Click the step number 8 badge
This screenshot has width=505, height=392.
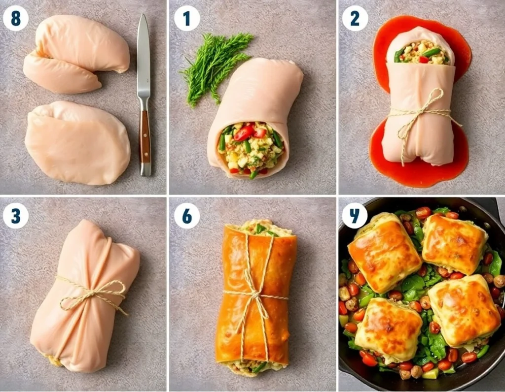pyautogui.click(x=15, y=19)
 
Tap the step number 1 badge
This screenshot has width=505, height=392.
pyautogui.click(x=187, y=19)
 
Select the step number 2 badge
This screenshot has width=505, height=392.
pyautogui.click(x=355, y=19)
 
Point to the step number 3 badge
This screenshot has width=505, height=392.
pyautogui.click(x=15, y=216)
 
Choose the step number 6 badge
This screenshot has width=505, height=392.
pyautogui.click(x=187, y=216)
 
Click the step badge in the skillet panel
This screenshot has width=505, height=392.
pyautogui.click(x=355, y=216)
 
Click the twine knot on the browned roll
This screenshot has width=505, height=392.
pyautogui.click(x=255, y=295)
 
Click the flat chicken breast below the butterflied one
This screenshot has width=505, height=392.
pyautogui.click(x=76, y=143)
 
